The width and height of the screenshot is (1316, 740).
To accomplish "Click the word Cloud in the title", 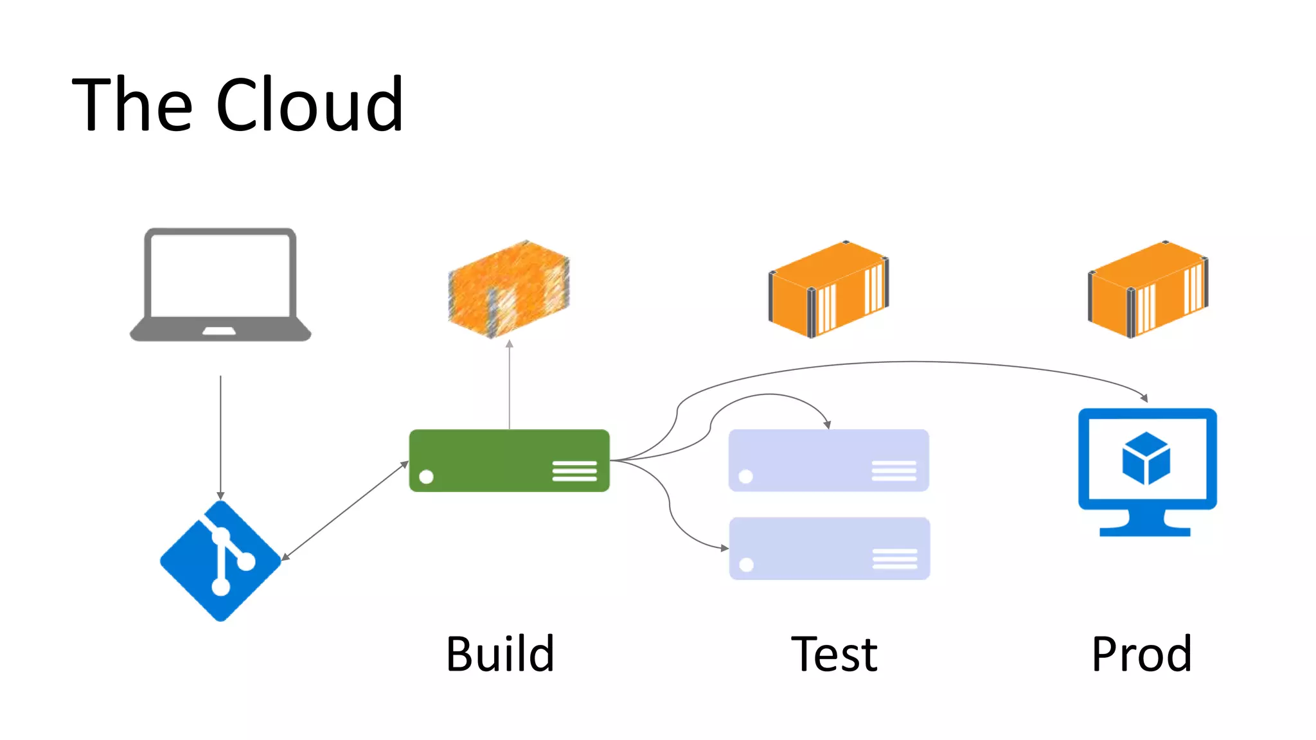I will click(309, 105).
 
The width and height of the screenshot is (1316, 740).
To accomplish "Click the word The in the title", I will click(132, 105).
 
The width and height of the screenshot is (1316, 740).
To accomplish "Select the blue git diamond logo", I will click(220, 561).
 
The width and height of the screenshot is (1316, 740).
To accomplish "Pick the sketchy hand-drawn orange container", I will click(509, 289).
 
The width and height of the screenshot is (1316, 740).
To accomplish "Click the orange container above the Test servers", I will click(828, 289).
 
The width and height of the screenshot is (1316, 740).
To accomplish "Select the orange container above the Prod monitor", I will click(1148, 289).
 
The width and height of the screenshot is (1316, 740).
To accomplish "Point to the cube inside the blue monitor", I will click(1146, 458).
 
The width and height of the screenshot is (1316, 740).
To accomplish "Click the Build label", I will click(500, 654).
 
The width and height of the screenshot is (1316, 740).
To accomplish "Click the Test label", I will click(833, 654).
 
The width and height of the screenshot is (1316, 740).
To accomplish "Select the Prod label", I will click(1141, 654).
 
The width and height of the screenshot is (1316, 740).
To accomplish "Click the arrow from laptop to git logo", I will click(220, 437).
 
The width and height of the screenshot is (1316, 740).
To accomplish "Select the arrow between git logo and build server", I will click(345, 511).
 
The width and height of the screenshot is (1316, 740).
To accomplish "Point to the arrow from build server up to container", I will click(510, 385).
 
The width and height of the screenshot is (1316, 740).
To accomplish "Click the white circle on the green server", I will click(426, 477).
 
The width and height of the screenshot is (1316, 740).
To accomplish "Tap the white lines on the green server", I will click(574, 471).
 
